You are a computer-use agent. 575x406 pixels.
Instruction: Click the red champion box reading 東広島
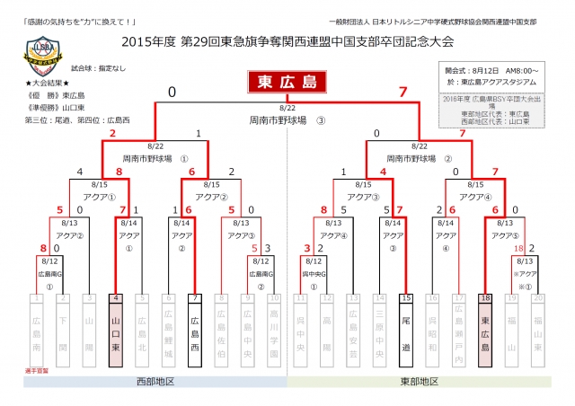[x=287, y=84]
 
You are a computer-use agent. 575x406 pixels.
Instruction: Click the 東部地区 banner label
[x=420, y=382]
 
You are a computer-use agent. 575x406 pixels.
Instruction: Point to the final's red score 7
[x=402, y=92]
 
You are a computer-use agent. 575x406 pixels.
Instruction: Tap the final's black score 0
[x=171, y=92]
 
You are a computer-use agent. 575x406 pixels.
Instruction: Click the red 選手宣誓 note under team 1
[x=35, y=369]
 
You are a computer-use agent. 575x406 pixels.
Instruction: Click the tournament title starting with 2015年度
[x=287, y=41]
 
